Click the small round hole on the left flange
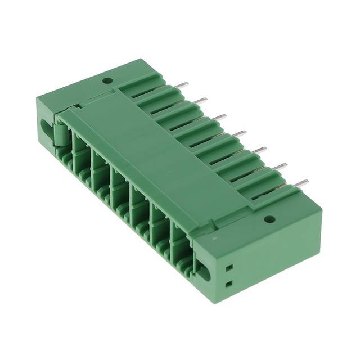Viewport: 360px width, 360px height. pos(107,81)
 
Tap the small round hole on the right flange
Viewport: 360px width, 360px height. pos(269,219)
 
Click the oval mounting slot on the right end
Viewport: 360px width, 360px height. pos(205,274)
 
